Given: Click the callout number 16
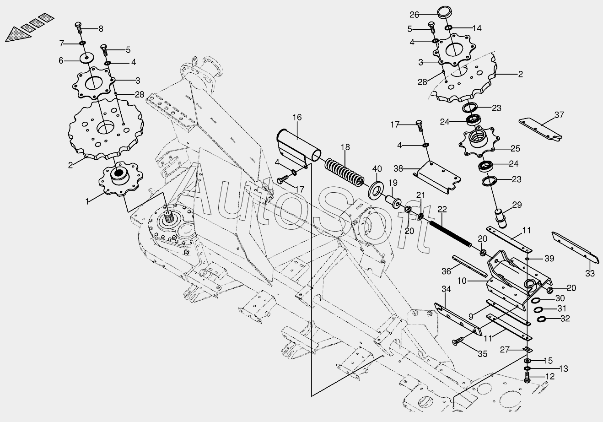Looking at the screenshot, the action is [297, 118].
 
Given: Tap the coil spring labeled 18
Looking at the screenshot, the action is [345, 173].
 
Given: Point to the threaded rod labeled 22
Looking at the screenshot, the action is [451, 234].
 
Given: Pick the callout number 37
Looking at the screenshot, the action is [559, 115].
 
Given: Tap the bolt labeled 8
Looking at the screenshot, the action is [78, 28].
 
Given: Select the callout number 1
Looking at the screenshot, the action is [87, 201].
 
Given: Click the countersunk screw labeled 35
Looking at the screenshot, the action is [458, 341].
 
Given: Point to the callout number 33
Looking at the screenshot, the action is [590, 273].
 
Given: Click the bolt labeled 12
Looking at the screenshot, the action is [527, 377].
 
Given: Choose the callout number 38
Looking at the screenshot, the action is [398, 169].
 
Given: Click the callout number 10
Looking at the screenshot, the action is [462, 281].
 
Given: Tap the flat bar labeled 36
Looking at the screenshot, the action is [470, 266].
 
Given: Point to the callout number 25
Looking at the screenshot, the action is [515, 149].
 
